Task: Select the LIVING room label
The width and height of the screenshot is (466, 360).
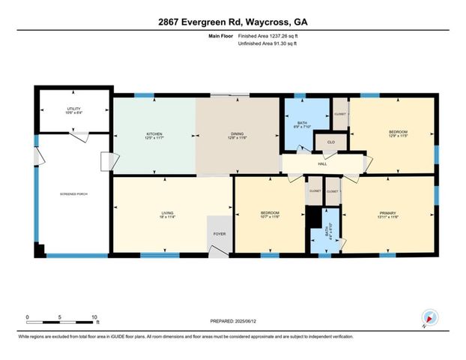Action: tap(167, 213)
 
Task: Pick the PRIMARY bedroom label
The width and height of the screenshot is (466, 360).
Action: tap(387, 213)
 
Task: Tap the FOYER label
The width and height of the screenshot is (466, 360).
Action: tap(220, 234)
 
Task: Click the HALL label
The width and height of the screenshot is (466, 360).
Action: tap(322, 163)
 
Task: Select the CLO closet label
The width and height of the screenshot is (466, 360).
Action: tap(330, 140)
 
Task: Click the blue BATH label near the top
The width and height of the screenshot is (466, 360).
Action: tap(303, 122)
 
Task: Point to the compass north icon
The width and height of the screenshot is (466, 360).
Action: tap(428, 317)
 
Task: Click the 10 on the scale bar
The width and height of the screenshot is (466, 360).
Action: tap(95, 316)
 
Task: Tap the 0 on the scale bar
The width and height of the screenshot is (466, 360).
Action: tap(28, 316)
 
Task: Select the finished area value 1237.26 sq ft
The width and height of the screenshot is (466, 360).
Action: tap(267, 36)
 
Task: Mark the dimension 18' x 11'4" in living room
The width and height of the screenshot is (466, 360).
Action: tap(167, 218)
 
